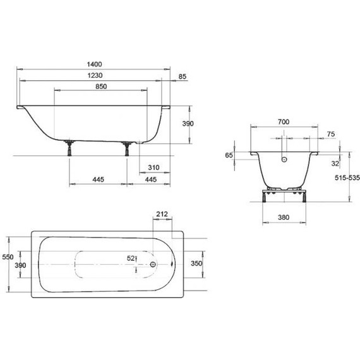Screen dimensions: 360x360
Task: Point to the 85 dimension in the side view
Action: click(183, 76)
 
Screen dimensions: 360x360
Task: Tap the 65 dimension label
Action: click(229, 155)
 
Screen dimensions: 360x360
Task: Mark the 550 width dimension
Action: click(6, 257)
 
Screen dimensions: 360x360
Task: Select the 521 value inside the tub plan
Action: click(132, 258)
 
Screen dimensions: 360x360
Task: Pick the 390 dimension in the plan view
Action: click(21, 266)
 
